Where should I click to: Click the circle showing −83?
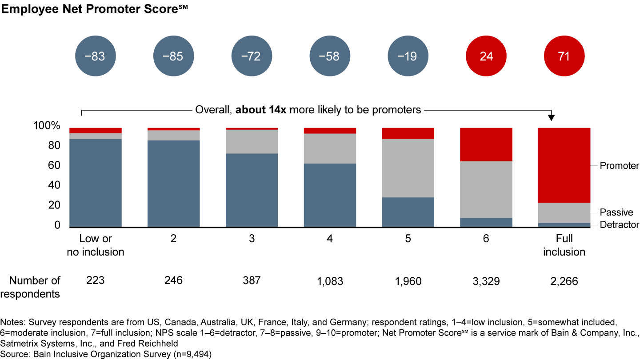pyautogui.click(x=96, y=56)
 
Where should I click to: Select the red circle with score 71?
pyautogui.click(x=564, y=56)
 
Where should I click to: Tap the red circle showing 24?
pyautogui.click(x=486, y=56)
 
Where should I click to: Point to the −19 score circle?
pyautogui.click(x=408, y=56)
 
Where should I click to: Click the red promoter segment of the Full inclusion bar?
pyautogui.click(x=564, y=165)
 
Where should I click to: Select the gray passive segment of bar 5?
pyautogui.click(x=408, y=168)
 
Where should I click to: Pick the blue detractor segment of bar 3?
pyautogui.click(x=252, y=190)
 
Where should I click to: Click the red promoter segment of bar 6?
pyautogui.click(x=486, y=144)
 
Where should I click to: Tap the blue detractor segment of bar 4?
pyautogui.click(x=330, y=195)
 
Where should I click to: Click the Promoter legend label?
pyautogui.click(x=619, y=166)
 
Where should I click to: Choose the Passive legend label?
pyautogui.click(x=616, y=212)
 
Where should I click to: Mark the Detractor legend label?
pyautogui.click(x=619, y=225)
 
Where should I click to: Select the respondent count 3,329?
pyautogui.click(x=486, y=281)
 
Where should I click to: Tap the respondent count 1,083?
pyautogui.click(x=330, y=281)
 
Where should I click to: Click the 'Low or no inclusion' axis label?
pyautogui.click(x=95, y=245)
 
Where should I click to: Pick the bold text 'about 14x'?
pyautogui.click(x=261, y=110)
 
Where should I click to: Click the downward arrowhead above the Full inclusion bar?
pyautogui.click(x=552, y=118)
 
